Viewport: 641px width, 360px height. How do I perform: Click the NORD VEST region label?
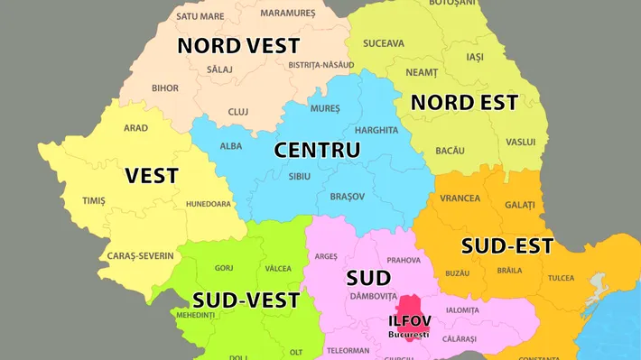[x=238, y=45]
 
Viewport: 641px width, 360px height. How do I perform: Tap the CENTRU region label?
[x=317, y=150]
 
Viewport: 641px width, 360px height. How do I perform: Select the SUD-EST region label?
[x=507, y=245]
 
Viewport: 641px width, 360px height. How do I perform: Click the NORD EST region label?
[x=464, y=102]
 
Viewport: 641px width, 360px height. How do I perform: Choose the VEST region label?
[x=152, y=175]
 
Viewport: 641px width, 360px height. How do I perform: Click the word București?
[x=409, y=334]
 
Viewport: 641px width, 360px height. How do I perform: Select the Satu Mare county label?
[x=200, y=16]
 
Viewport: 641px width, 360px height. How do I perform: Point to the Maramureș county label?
[x=288, y=14]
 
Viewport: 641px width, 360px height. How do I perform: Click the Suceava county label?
[x=384, y=43]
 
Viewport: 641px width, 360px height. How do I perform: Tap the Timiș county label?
[x=94, y=200]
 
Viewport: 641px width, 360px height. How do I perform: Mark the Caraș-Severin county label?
[x=140, y=255]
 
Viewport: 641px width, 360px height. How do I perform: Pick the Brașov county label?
[x=348, y=196]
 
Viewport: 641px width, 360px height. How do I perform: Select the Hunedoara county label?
[x=209, y=204]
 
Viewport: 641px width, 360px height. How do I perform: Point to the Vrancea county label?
[x=461, y=198]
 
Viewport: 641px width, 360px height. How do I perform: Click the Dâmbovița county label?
[x=374, y=296]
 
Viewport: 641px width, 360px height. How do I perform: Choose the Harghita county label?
[x=376, y=130]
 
